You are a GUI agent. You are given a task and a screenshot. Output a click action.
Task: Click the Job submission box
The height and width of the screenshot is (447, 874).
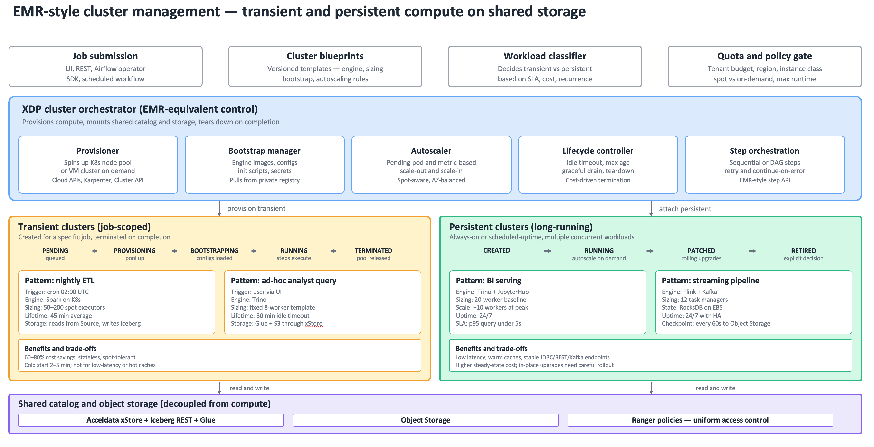[105, 67]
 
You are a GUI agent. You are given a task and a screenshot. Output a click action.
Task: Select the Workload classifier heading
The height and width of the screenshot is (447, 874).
[545, 56]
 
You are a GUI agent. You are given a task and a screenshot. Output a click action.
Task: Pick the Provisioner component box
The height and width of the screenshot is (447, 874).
[98, 165]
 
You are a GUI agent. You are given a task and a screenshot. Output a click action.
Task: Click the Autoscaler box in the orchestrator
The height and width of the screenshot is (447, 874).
[431, 165]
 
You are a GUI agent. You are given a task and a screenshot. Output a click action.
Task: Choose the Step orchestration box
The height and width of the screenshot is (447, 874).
[765, 165]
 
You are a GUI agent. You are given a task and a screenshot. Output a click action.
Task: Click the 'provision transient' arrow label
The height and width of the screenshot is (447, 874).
[256, 208]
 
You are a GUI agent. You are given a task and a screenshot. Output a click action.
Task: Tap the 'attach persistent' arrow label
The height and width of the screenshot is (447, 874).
[685, 209]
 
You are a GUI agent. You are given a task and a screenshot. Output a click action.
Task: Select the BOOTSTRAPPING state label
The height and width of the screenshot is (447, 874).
[214, 251]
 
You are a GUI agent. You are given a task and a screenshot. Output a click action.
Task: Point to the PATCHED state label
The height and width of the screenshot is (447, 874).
[701, 251]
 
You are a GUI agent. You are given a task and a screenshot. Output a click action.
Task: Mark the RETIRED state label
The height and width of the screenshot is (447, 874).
[803, 251]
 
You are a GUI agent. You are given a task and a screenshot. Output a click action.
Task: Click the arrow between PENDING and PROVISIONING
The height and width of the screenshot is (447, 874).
[95, 251]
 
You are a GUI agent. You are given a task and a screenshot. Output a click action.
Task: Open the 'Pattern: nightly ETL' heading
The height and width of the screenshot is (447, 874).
[60, 280]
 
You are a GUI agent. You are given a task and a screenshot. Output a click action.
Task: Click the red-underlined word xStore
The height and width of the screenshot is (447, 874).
[313, 323]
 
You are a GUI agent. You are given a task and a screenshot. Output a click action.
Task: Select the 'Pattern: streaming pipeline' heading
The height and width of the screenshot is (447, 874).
[711, 280]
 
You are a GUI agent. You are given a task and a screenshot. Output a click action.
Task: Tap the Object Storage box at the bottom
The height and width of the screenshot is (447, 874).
[426, 420]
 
